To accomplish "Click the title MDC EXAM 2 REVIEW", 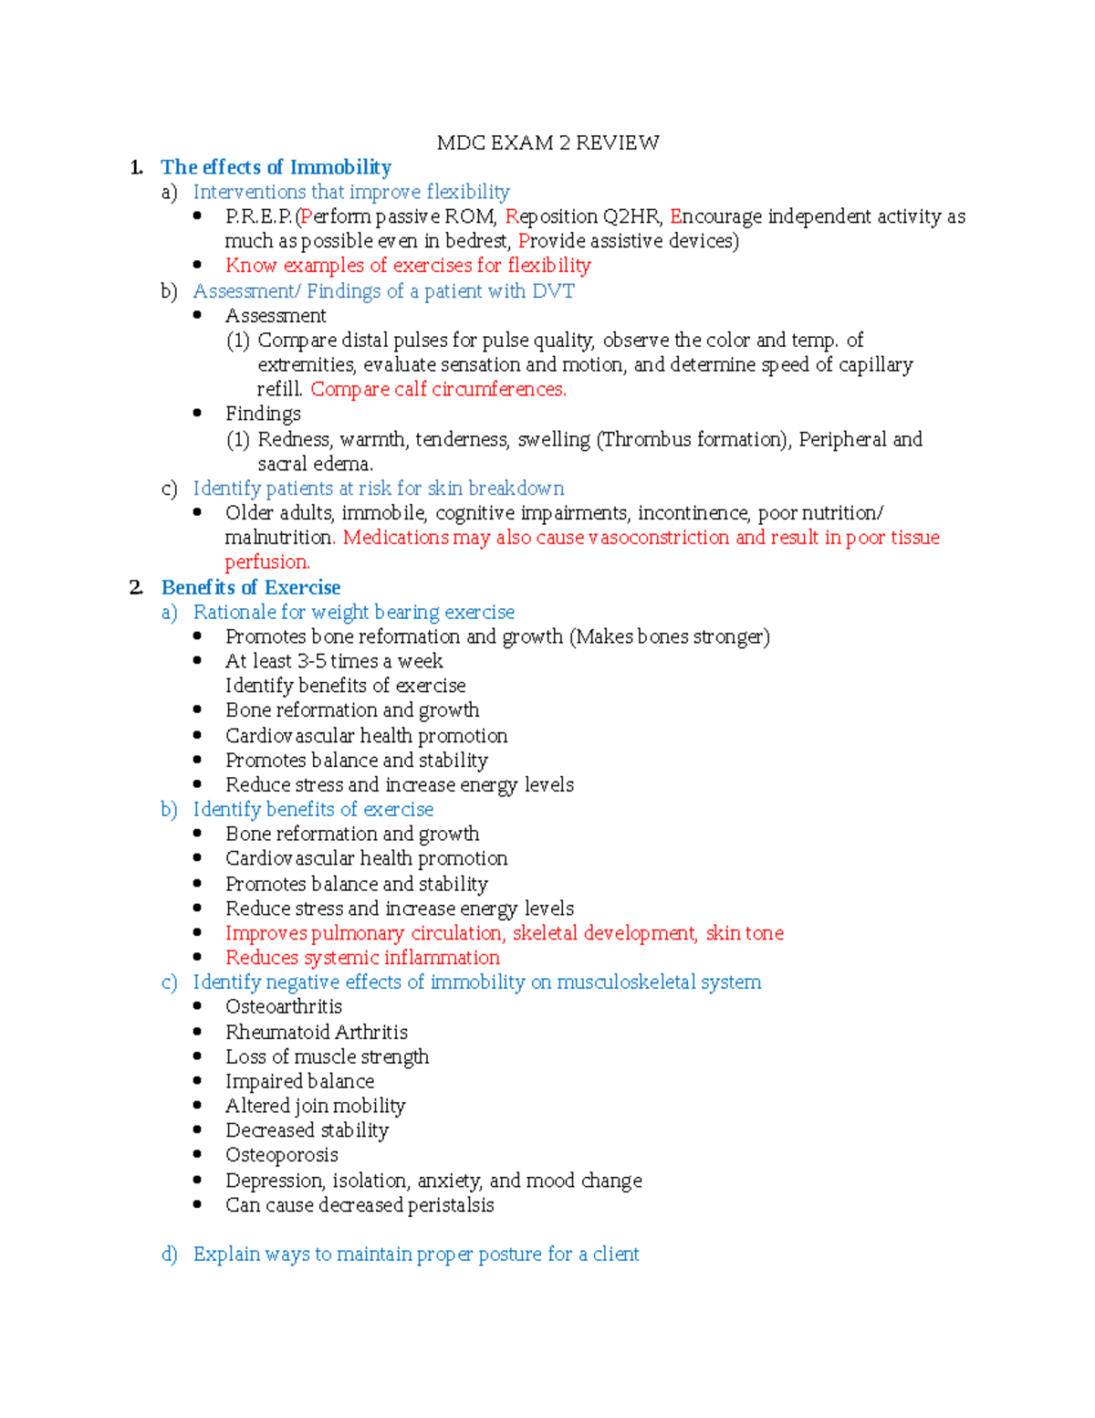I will tap(547, 142).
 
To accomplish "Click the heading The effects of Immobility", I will tap(276, 167).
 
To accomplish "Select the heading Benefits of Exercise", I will tap(251, 587).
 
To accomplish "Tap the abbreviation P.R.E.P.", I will tap(258, 216).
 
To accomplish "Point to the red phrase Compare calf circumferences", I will tap(438, 389).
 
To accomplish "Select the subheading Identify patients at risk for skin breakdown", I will tap(378, 488).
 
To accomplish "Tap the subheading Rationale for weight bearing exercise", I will tap(353, 612).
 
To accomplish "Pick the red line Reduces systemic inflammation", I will tap(362, 957).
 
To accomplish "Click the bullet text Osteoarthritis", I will tap(284, 1006).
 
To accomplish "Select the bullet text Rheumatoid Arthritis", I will tap(317, 1032).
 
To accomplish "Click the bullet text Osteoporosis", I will tap(281, 1155).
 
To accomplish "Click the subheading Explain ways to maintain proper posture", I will tap(415, 1254).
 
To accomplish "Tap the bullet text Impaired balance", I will tap(299, 1081).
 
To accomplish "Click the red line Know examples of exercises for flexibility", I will tap(408, 266).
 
